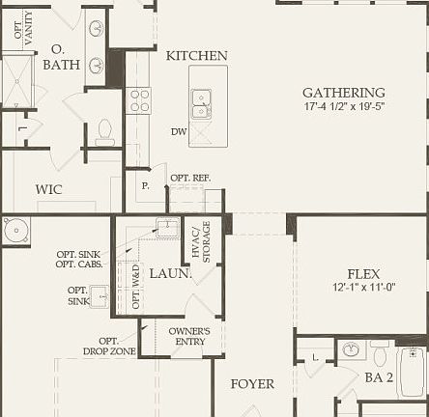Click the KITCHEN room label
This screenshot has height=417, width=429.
pos(196,56)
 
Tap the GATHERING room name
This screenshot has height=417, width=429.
pos(343,94)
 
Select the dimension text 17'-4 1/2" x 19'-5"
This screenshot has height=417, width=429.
pos(344,107)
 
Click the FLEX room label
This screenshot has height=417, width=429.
pos(364,273)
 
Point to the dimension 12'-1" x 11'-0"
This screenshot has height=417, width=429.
pos(364,288)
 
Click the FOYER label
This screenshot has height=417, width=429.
pos(252,383)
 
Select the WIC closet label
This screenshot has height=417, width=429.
pos(48,189)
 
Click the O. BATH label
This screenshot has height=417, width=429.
pos(62,57)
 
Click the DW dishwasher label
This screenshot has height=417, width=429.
pos(179,131)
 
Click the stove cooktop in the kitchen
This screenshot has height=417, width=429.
pos(138,99)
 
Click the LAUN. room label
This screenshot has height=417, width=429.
pos(169,273)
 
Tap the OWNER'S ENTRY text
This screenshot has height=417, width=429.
pos(188,336)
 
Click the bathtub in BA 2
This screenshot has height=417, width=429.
pos(412,372)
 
